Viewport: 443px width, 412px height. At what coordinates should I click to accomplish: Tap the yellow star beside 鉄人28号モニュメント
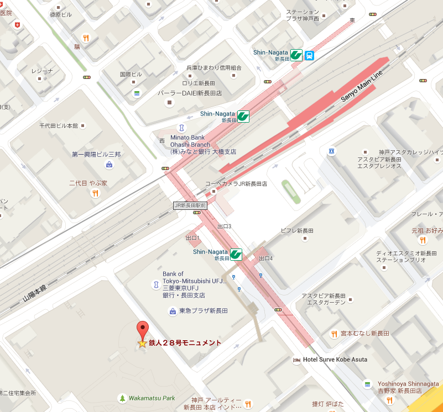tap(142, 344)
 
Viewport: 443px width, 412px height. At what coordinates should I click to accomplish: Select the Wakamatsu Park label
tap(152, 398)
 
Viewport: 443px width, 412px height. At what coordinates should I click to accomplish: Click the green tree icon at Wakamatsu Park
tap(122, 398)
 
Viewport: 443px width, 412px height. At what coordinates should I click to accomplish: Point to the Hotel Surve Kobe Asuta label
tap(335, 360)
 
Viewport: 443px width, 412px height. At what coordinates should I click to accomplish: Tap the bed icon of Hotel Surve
tap(296, 360)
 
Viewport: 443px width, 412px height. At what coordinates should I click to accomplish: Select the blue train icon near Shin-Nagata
tap(309, 55)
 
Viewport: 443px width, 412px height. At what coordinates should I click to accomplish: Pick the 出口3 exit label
tap(224, 226)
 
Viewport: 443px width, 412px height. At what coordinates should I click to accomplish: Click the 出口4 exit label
tap(267, 258)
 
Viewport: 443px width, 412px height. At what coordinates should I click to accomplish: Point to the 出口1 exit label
tap(192, 237)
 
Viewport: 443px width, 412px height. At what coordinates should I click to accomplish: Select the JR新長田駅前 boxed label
tap(190, 205)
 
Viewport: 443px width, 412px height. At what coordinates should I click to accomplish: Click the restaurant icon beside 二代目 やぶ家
tap(96, 193)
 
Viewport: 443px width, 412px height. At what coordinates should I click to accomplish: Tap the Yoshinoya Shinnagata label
tap(408, 387)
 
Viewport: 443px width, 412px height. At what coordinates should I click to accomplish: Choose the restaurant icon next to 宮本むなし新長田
tap(334, 334)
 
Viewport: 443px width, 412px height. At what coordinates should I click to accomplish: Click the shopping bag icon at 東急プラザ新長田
tap(172, 311)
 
